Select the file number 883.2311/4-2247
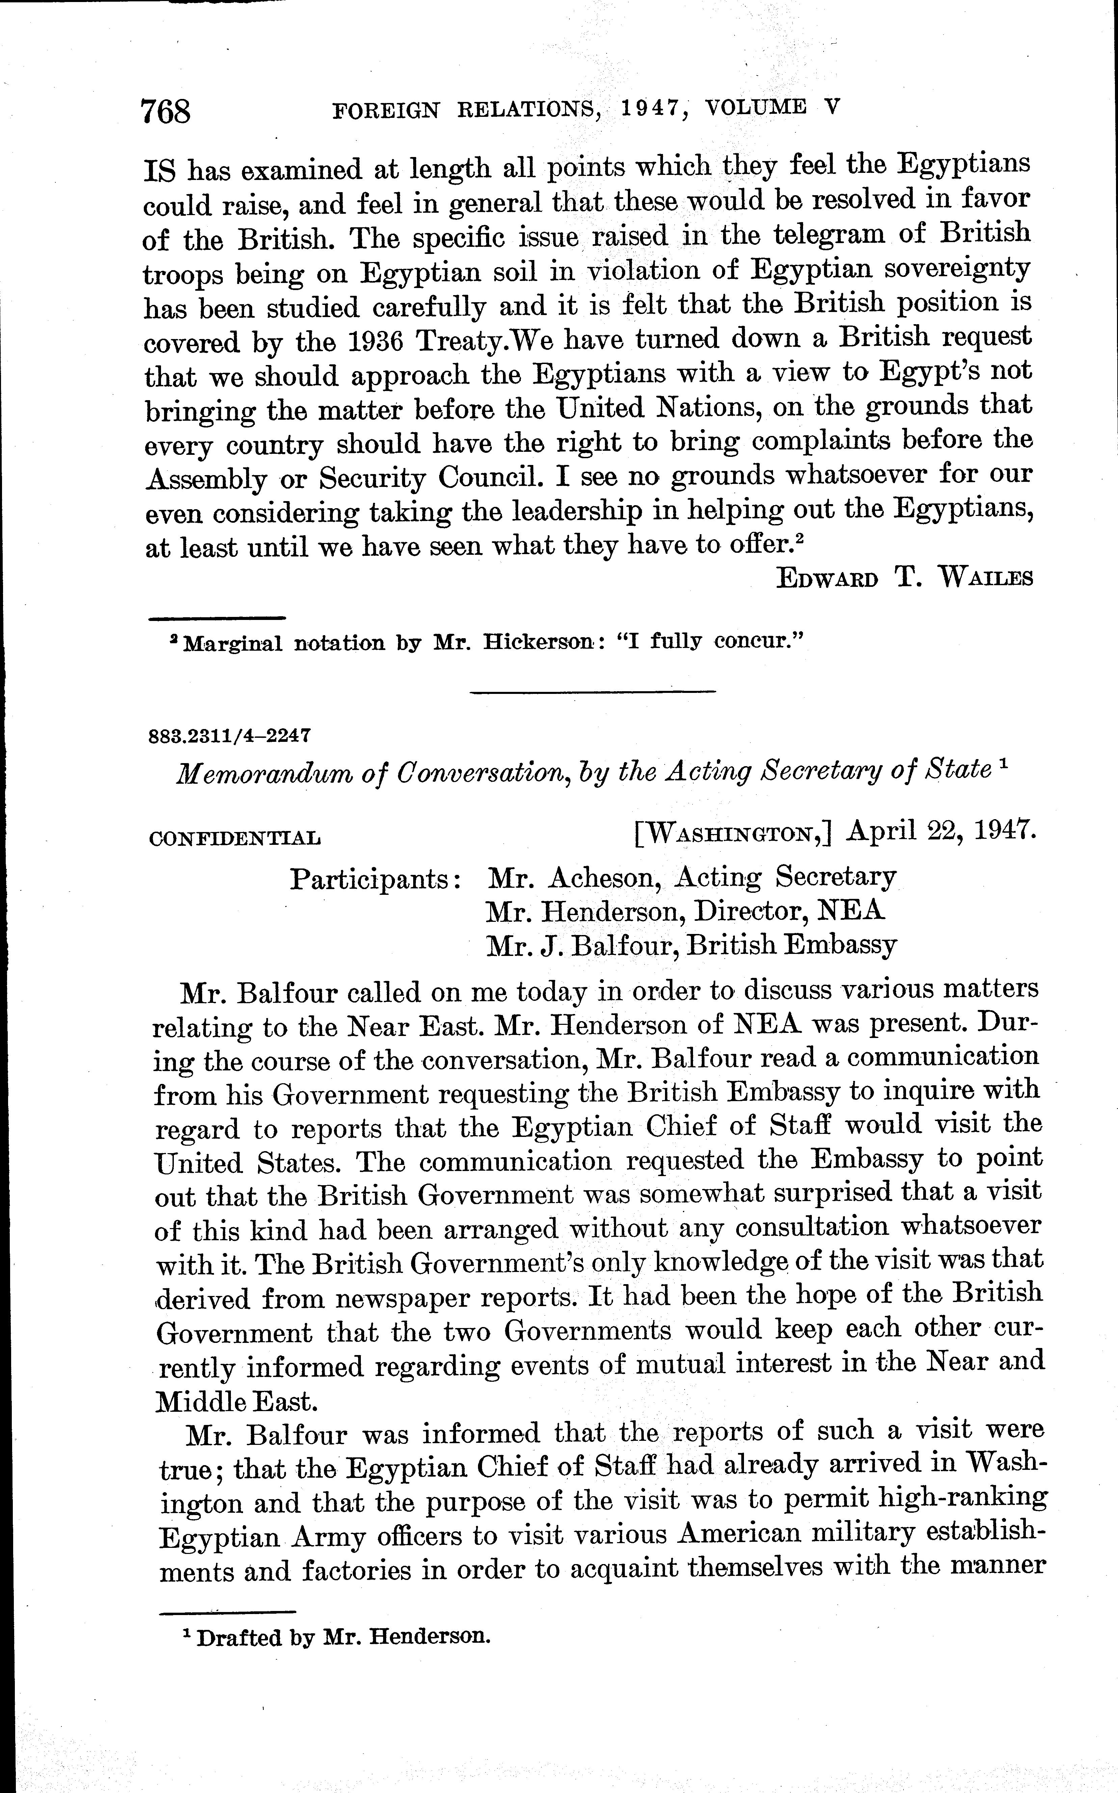pos(229,736)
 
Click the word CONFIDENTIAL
pos(235,838)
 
